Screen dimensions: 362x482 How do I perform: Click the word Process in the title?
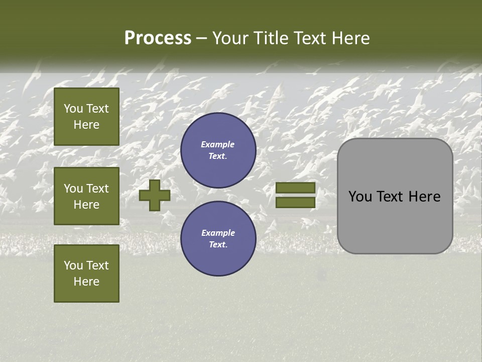point(158,38)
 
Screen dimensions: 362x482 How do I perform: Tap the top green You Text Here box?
point(86,117)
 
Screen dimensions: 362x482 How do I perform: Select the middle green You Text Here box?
point(86,196)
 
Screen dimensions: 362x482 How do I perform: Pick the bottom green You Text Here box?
point(86,274)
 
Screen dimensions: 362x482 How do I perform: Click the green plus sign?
point(155,195)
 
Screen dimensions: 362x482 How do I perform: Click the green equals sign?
point(295,195)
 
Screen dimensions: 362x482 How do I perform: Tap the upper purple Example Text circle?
point(218,150)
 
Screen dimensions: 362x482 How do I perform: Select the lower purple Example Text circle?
point(218,239)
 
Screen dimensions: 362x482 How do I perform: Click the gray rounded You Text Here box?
point(395,196)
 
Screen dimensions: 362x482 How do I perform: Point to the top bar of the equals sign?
point(295,188)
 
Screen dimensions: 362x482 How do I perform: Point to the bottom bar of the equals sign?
point(295,203)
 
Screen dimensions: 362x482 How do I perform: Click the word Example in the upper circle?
point(218,144)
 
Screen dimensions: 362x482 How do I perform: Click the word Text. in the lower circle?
point(218,245)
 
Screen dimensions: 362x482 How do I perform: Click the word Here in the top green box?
point(86,125)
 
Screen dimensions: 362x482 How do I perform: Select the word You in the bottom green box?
point(73,265)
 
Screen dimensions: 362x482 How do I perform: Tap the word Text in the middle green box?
point(97,189)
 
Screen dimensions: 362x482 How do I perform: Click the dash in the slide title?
point(201,39)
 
